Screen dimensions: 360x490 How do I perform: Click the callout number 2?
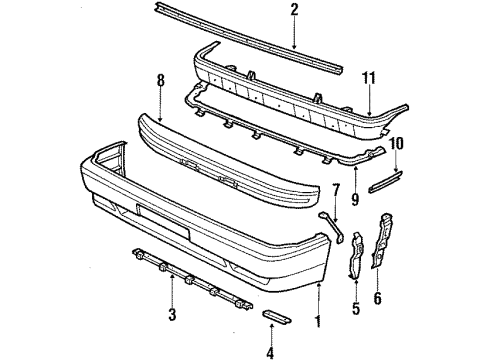[x=294, y=11]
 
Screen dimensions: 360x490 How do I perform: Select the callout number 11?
[x=371, y=77]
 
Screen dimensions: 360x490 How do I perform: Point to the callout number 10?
[x=397, y=143]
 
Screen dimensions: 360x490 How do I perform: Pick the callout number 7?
[x=336, y=190]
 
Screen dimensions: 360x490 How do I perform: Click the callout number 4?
[x=270, y=351]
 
